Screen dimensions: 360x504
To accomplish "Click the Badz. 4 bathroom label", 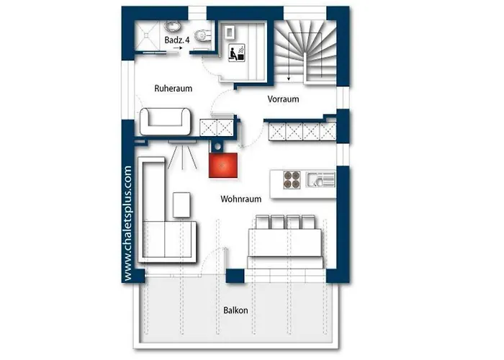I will pyautogui.click(x=176, y=40).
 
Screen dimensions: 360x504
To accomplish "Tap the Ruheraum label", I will pyautogui.click(x=174, y=89).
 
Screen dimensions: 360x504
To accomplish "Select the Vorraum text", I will pyautogui.click(x=283, y=99).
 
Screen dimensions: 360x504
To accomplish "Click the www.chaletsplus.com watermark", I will pyautogui.click(x=127, y=222).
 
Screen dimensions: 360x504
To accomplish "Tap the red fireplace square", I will pyautogui.click(x=223, y=165).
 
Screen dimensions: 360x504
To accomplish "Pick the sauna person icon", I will pyautogui.click(x=234, y=53).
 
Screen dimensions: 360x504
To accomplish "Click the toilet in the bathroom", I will pyautogui.click(x=203, y=36).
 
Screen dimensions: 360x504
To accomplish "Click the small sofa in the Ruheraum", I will pyautogui.click(x=166, y=120).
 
